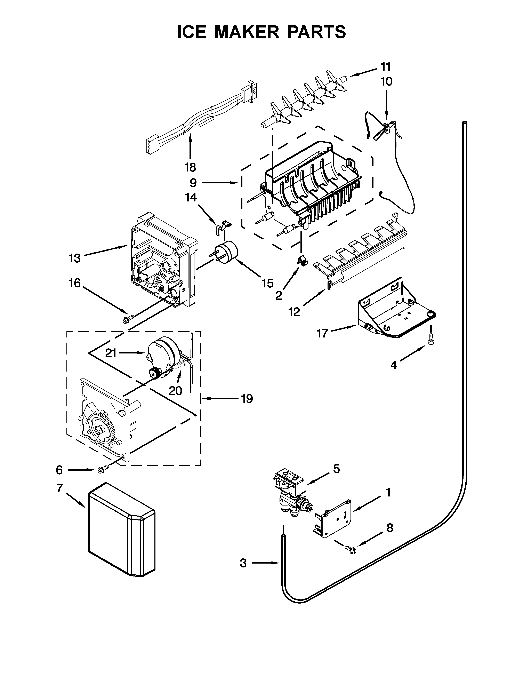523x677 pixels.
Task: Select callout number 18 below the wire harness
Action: pyautogui.click(x=190, y=167)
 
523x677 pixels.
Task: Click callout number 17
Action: pyautogui.click(x=322, y=334)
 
